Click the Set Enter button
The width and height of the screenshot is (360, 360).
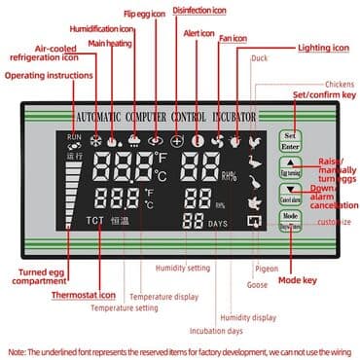click(289, 139)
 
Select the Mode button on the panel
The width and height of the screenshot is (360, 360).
click(289, 219)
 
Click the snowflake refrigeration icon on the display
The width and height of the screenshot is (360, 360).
click(95, 139)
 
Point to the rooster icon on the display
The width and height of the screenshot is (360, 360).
click(254, 141)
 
